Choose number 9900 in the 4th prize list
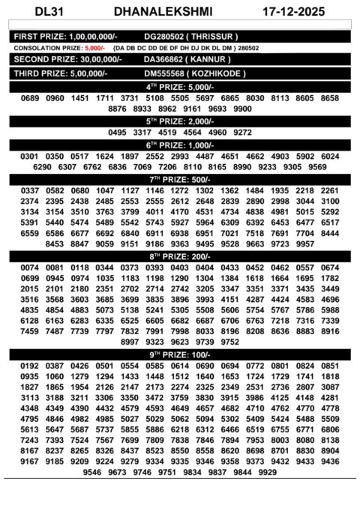(242, 109)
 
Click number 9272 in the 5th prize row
(242, 132)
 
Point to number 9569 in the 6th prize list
(317, 167)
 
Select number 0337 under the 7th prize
(30, 191)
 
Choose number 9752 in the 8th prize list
(230, 341)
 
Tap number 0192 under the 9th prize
(30, 365)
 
